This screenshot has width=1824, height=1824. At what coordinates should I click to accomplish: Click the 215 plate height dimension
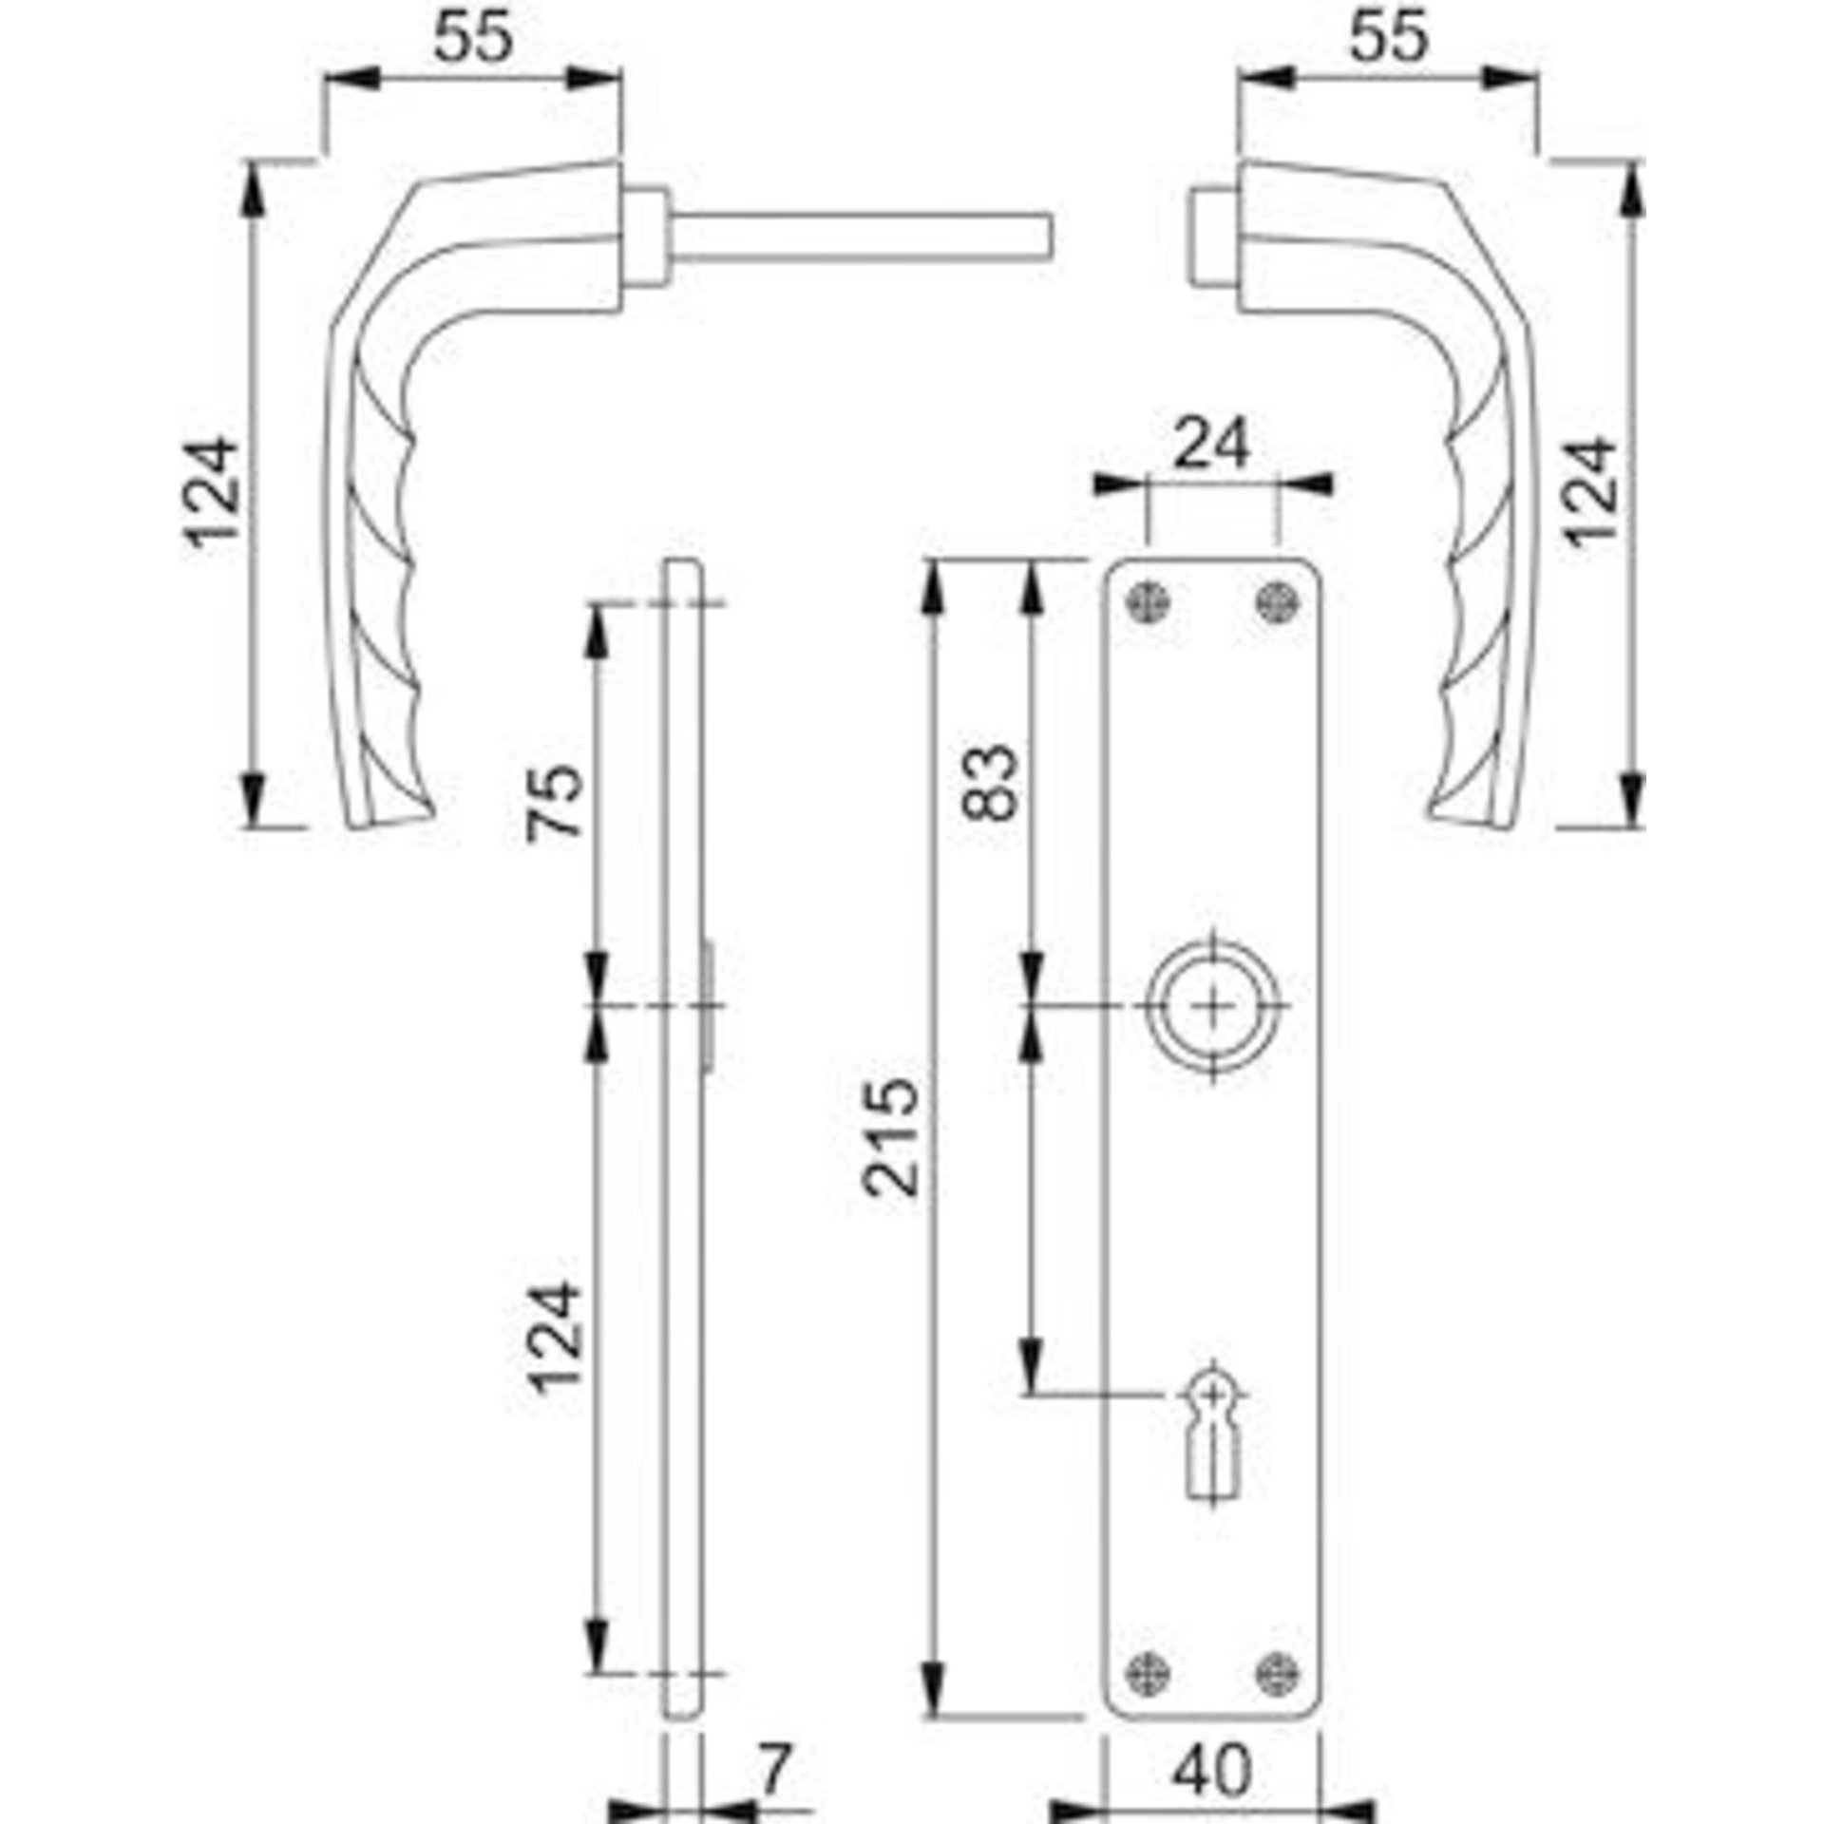pos(891,1137)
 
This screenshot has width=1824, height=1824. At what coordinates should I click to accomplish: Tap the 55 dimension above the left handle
pos(473,36)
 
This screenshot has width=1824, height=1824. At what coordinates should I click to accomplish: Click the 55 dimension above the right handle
pos(1388,36)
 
